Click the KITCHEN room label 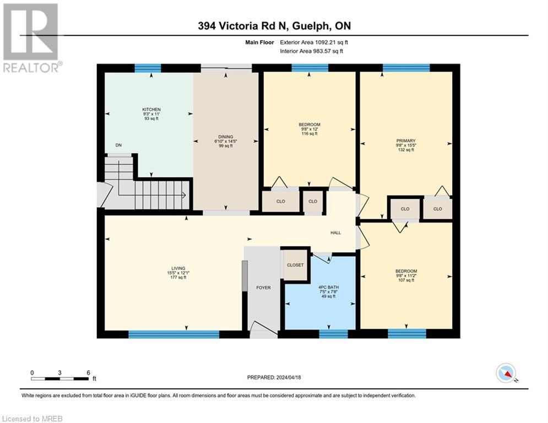coord(151,110)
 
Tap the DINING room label coord(226,137)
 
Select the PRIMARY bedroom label coord(406,140)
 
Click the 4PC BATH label coord(328,287)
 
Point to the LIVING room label coord(178,268)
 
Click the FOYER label coord(263,288)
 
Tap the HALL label coord(336,232)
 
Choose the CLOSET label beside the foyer coord(295,265)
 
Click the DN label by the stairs coord(118,145)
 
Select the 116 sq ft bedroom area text coord(310,133)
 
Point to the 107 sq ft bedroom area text coord(406,280)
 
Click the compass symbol coord(506,373)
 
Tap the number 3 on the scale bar coord(60,373)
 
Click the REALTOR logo coord(31,38)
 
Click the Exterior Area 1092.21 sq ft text coord(314,42)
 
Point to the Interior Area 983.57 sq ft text coord(311,51)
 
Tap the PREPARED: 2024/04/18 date coord(274,377)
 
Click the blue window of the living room coord(173,334)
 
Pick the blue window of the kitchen coord(148,68)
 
